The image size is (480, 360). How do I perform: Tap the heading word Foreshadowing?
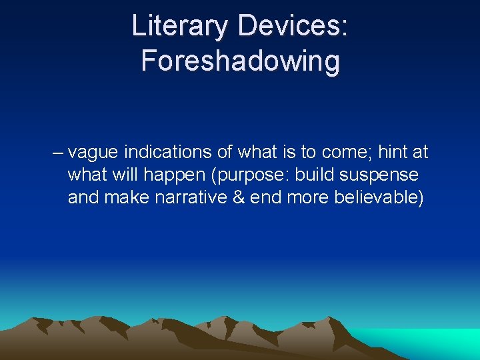(x=240, y=61)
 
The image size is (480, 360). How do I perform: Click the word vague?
(x=93, y=153)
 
